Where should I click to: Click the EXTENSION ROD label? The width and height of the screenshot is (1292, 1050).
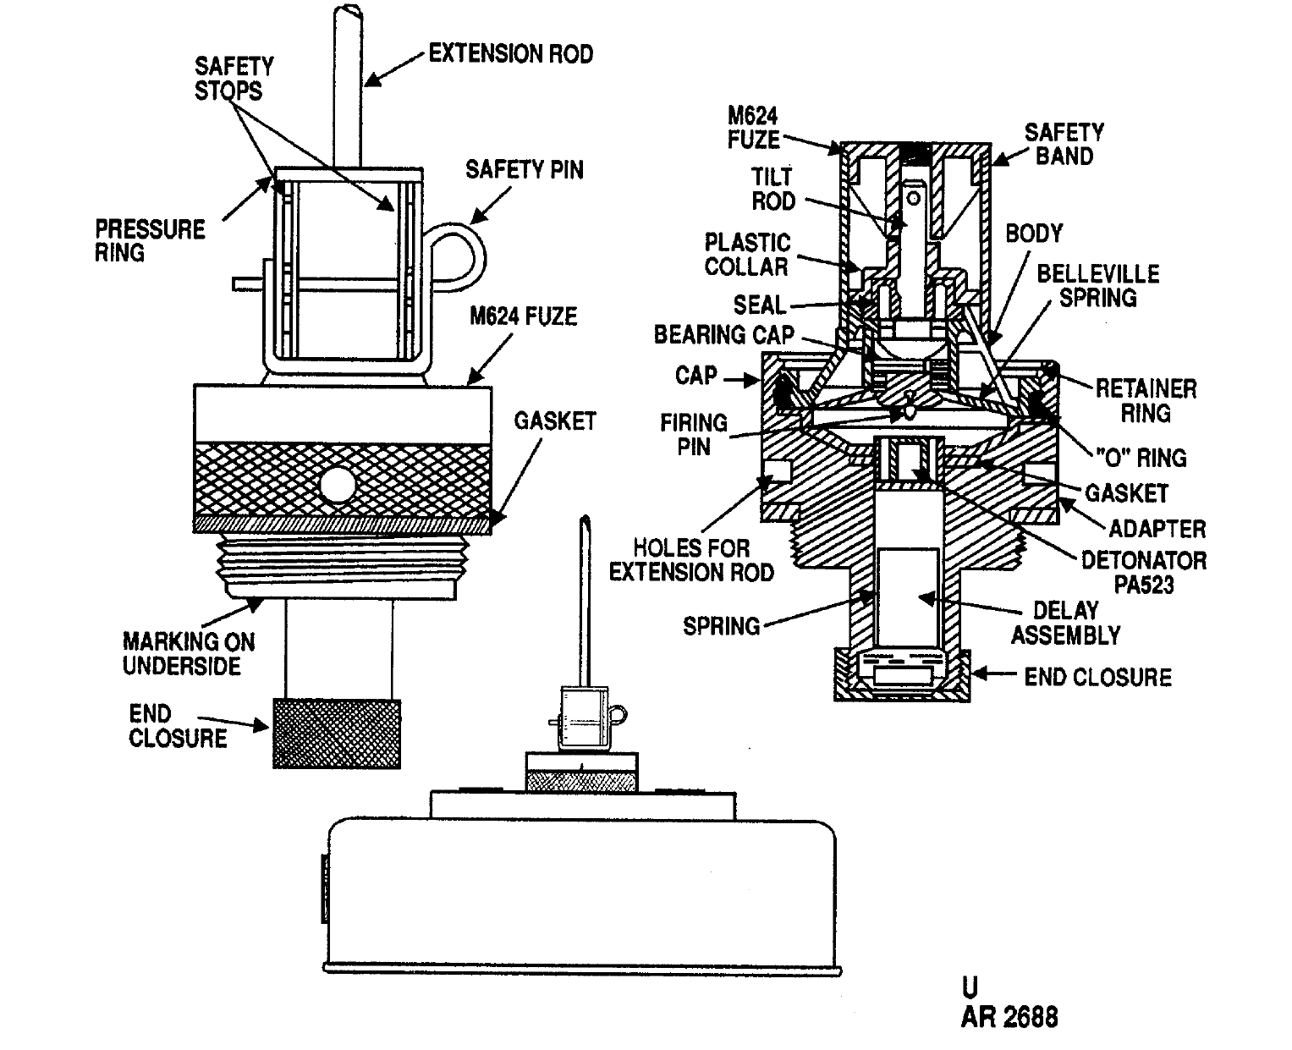(x=511, y=54)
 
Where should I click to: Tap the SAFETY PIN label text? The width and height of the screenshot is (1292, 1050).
(x=524, y=170)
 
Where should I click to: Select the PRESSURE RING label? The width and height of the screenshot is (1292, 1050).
(x=150, y=241)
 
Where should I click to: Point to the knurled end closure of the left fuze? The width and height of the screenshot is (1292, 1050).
(x=337, y=733)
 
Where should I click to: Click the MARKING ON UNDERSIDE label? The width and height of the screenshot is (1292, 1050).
(x=189, y=653)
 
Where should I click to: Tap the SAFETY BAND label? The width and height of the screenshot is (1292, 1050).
(x=1064, y=144)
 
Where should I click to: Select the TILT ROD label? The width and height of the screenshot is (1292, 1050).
(x=772, y=189)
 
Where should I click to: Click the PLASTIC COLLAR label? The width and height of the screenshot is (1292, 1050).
(x=747, y=255)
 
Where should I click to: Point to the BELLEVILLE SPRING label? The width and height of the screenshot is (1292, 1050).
(x=1098, y=286)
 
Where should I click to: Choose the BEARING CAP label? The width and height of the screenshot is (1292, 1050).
(x=723, y=335)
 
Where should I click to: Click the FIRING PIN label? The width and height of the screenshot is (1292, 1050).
(x=693, y=434)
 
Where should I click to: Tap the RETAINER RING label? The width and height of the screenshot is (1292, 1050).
(x=1146, y=401)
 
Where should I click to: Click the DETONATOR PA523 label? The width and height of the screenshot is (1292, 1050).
(x=1144, y=573)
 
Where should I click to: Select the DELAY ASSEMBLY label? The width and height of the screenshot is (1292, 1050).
(x=1066, y=623)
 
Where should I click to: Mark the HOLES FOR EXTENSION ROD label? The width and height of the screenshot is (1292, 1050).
(x=691, y=560)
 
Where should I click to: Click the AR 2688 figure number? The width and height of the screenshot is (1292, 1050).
(x=1009, y=1017)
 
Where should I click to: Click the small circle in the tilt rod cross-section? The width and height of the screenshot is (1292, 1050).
(x=913, y=198)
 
